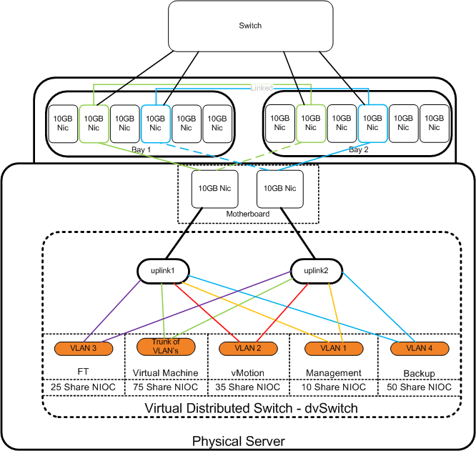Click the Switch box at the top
point(250,26)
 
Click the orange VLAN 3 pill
point(84,348)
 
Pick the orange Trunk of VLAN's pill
point(166,346)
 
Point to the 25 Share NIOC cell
point(84,387)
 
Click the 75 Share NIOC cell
point(166,387)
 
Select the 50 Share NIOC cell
point(418,387)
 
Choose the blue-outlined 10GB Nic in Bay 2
point(372,122)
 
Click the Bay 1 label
point(142,149)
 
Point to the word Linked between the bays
point(261,87)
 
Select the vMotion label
point(247,372)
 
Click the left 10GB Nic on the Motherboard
point(212,188)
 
